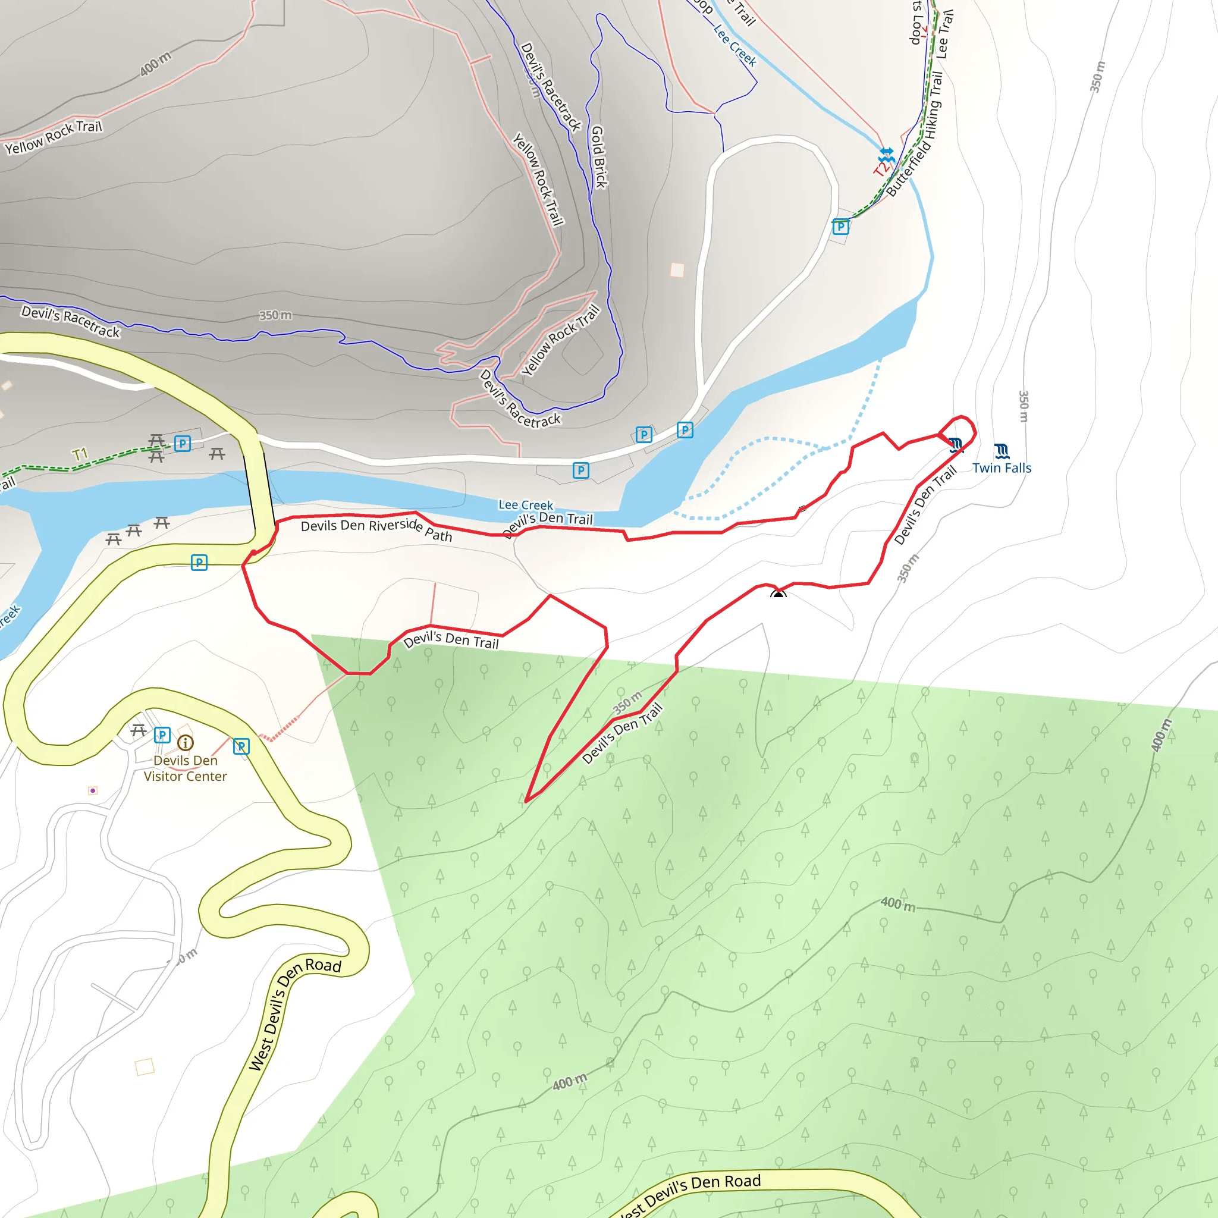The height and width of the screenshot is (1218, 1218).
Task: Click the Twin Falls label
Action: coord(1001,468)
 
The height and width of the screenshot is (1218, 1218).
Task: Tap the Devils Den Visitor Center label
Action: coord(186,768)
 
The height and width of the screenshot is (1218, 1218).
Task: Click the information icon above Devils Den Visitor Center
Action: coord(186,743)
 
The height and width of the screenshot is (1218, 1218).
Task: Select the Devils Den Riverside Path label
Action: coord(376,529)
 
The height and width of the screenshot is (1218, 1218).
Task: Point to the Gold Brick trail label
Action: coord(598,156)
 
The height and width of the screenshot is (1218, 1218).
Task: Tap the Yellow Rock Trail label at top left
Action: coord(54,137)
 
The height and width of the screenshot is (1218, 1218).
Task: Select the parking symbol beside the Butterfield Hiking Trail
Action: coord(840,227)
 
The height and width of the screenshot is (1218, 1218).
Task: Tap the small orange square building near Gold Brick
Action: coord(677,270)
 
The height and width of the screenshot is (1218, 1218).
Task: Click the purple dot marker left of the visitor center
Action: coord(93,790)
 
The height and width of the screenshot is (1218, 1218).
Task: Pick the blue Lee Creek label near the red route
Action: coord(525,505)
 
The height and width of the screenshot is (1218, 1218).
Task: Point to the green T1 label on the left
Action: coord(80,454)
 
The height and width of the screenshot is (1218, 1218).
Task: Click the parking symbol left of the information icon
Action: coord(162,734)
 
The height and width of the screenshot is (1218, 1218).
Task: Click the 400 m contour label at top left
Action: coord(155,64)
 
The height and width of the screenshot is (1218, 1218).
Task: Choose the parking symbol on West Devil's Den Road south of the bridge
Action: coord(199,561)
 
